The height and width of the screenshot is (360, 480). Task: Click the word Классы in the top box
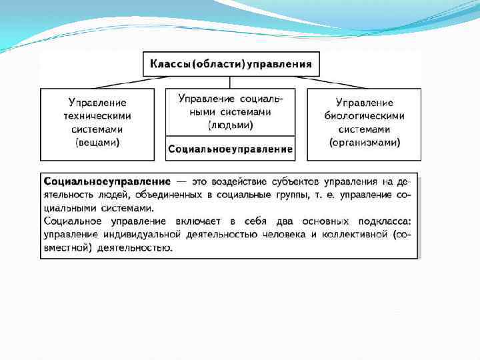[x=171, y=65]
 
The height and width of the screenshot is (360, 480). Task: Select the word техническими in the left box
[x=98, y=116]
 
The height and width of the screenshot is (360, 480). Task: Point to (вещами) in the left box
[x=98, y=143]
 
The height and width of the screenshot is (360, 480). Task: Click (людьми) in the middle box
[x=231, y=125]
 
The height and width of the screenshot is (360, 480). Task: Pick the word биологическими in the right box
[x=365, y=116]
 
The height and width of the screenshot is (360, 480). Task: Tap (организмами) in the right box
[x=365, y=143]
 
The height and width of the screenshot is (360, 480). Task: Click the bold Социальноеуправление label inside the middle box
[x=231, y=149]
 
